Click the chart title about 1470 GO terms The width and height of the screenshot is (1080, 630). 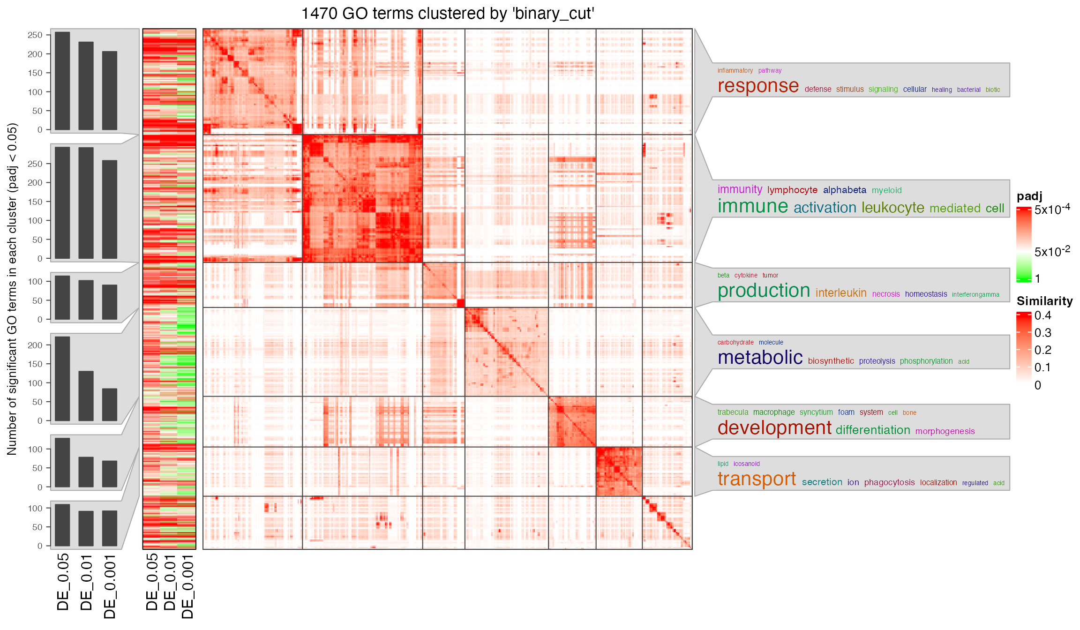448,14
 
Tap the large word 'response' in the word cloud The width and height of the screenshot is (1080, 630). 758,86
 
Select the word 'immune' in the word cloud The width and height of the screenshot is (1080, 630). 753,206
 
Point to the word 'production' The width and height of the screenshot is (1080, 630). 764,291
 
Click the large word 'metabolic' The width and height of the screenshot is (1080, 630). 760,358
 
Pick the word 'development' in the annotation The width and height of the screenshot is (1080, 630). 774,428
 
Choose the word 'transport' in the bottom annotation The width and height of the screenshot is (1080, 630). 757,479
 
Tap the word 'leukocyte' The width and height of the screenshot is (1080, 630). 892,208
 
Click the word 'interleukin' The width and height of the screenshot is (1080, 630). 841,293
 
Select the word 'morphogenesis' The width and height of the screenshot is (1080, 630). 945,431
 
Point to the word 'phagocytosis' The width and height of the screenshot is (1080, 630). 889,482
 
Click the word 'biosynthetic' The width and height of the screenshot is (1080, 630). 831,361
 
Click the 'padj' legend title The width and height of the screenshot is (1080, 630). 1029,196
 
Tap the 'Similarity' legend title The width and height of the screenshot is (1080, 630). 1044,301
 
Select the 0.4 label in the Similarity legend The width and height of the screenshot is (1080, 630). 1042,315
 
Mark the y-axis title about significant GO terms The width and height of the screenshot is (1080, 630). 12,289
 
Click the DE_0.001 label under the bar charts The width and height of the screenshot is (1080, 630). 109,586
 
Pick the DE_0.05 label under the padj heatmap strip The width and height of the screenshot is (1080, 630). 151,582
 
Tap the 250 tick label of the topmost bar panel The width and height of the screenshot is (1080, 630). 35,35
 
